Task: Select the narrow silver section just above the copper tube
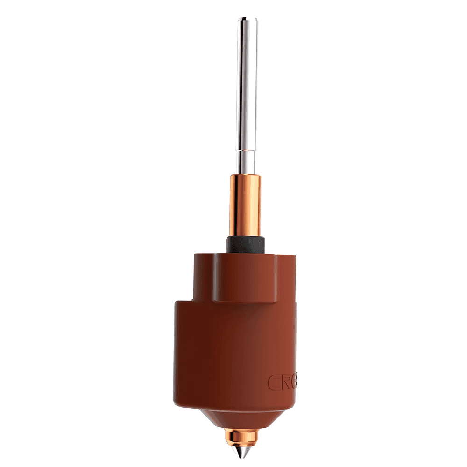pos(247,161)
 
